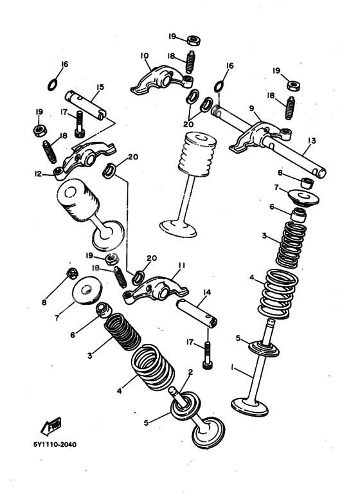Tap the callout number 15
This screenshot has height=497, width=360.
(100, 87)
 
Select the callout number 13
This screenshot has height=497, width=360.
(312, 140)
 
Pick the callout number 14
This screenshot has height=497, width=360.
(206, 292)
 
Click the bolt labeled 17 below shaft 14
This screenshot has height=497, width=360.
(208, 354)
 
